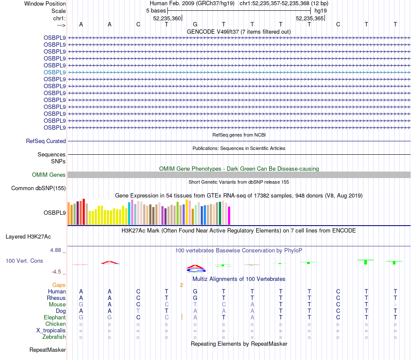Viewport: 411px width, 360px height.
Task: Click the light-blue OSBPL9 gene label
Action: click(x=55, y=72)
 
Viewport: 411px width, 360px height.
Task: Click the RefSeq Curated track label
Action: click(x=46, y=141)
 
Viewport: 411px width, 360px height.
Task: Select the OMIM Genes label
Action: click(x=49, y=175)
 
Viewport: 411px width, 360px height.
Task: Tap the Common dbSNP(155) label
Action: click(x=39, y=188)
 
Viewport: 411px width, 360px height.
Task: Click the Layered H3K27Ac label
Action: click(x=28, y=236)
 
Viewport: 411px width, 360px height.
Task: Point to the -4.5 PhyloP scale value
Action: click(x=57, y=272)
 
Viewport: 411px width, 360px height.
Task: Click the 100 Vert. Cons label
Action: click(x=24, y=261)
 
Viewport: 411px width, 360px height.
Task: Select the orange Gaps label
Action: click(x=59, y=285)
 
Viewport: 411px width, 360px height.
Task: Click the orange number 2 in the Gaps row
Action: click(x=182, y=285)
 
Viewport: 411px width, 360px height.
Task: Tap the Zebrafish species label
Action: click(x=54, y=337)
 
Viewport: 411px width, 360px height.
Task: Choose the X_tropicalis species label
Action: click(x=51, y=331)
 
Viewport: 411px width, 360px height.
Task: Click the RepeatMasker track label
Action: click(x=48, y=350)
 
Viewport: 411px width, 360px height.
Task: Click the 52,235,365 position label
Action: click(x=309, y=18)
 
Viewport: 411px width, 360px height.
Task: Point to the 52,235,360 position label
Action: click(x=167, y=18)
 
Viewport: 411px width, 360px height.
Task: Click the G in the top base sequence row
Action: click(x=195, y=24)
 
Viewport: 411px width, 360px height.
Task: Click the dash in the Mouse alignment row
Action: click(x=395, y=305)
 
